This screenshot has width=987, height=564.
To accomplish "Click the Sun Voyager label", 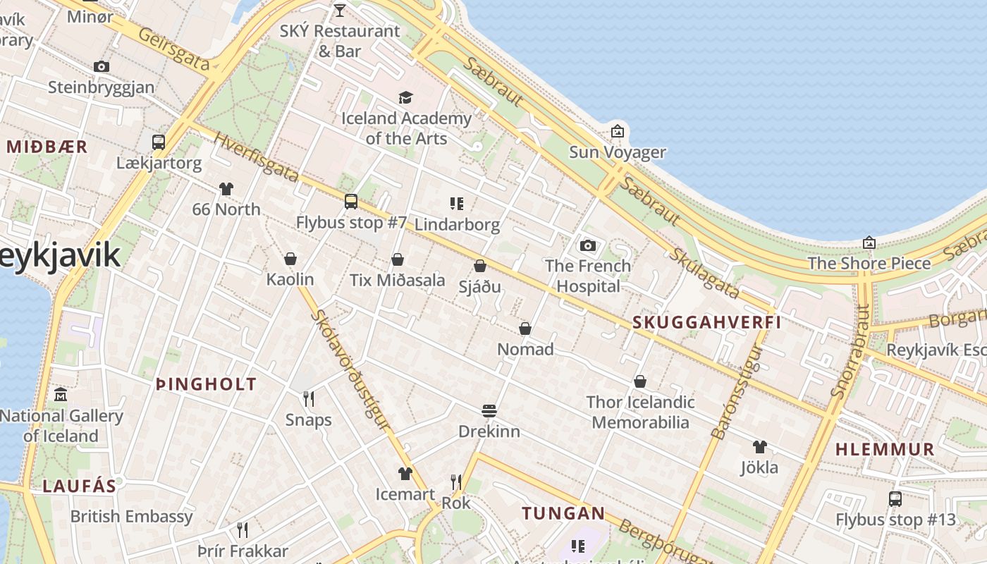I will (x=617, y=152).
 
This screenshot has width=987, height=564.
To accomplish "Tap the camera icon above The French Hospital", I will (x=587, y=245).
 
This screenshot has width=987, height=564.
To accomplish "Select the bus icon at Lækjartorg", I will (x=159, y=142).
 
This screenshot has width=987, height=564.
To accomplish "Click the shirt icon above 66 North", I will (x=226, y=188).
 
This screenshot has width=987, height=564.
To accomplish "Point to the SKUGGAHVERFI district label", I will (x=707, y=322).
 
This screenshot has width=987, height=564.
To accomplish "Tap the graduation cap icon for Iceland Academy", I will (x=405, y=97).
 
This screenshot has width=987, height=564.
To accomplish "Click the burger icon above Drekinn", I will (x=489, y=410).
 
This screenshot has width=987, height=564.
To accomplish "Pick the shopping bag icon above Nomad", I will (x=525, y=329).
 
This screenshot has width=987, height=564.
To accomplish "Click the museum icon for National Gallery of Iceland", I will (x=61, y=394).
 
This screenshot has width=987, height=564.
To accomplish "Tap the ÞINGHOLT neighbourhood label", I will (x=206, y=384).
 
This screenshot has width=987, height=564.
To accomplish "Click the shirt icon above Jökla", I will (x=759, y=446).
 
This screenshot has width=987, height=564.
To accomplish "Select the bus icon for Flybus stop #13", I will (x=895, y=499).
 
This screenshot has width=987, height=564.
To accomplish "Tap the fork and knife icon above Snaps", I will (x=308, y=399).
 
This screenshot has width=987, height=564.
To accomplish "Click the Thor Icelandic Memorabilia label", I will (x=640, y=412).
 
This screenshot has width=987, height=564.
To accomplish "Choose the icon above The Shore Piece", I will (x=869, y=243).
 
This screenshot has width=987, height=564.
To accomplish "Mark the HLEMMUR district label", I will (x=885, y=449).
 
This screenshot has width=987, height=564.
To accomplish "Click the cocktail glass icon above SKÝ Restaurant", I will (x=339, y=10).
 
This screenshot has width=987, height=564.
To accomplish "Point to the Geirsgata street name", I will (x=174, y=49).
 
